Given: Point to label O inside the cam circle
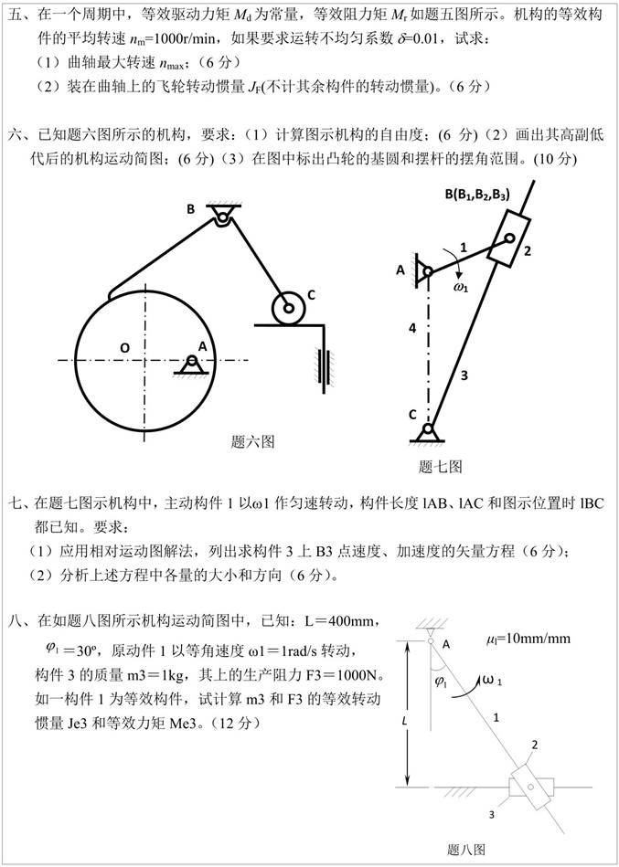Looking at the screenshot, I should (123, 346).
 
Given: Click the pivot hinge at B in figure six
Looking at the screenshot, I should (222, 216).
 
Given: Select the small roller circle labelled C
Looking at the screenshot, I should (288, 308).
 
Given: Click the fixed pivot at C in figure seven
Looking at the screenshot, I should (426, 428).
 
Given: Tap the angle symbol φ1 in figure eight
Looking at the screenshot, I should (441, 681).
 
